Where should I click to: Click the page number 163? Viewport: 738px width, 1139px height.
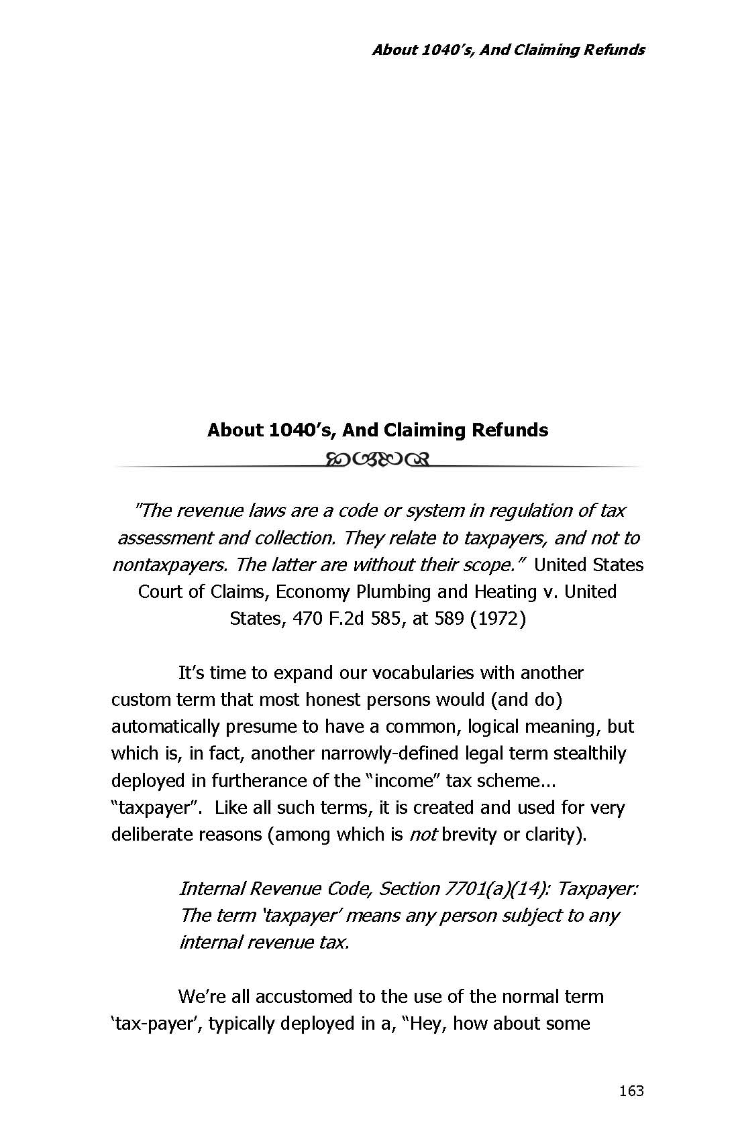click(x=631, y=1091)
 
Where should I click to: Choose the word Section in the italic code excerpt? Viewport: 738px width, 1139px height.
click(x=409, y=888)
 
